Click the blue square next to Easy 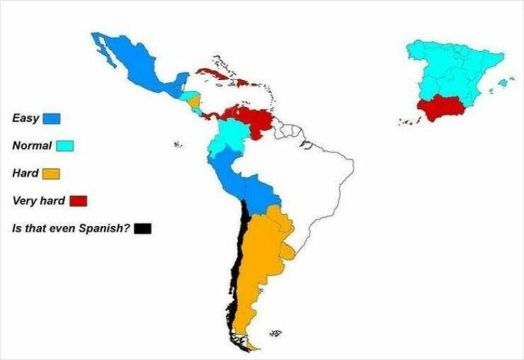[x=52, y=118]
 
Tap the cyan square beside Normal [x=65, y=146]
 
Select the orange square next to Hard [x=51, y=174]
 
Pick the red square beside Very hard [x=78, y=201]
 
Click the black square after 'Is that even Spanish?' [x=143, y=228]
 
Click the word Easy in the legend [x=25, y=118]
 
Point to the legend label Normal [x=32, y=146]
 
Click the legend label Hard [x=25, y=174]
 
